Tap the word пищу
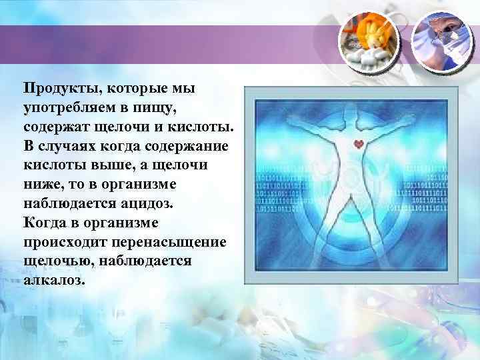point(159,107)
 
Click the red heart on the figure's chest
point(359,143)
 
